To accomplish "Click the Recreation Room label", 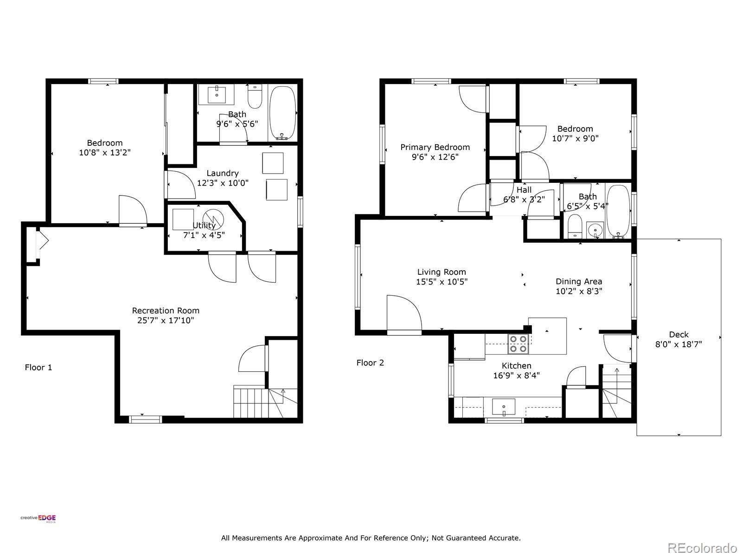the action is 165,311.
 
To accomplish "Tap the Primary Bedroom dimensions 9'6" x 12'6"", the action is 435,157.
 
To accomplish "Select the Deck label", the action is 678,335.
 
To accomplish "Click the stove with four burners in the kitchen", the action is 518,344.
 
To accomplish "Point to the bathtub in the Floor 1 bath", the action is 282,113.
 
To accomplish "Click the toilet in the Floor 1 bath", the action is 255,96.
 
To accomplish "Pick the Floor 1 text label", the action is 38,367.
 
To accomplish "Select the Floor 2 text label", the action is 370,363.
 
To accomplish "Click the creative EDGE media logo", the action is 38,518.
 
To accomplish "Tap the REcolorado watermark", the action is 703,548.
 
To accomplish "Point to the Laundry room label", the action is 223,173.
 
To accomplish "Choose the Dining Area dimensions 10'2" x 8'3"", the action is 579,291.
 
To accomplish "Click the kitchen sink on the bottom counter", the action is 503,407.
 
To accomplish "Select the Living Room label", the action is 441,272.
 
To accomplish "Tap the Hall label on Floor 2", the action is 524,190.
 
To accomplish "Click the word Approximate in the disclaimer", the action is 320,538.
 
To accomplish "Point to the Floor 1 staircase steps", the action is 265,403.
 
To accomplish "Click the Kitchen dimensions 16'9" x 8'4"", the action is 516,375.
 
